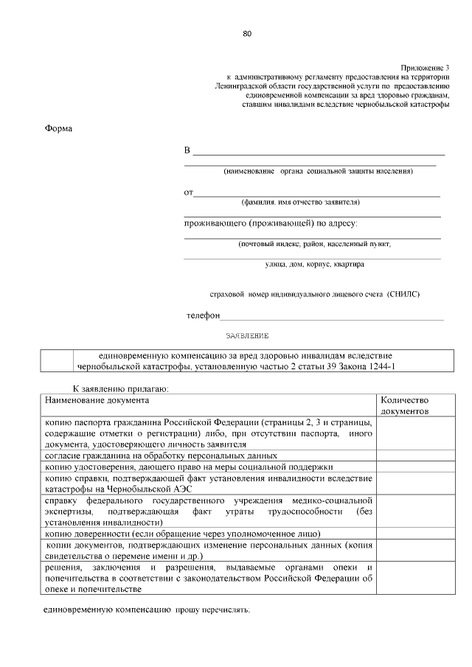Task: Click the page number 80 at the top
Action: tap(247, 34)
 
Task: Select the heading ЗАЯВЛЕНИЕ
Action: tap(247, 335)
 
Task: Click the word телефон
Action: tap(203, 315)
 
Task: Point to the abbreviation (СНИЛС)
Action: tap(403, 293)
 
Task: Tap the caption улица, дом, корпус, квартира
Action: tap(314, 263)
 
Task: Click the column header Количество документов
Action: tap(404, 406)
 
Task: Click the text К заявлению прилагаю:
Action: tap(120, 388)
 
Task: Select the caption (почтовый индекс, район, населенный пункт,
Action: tap(314, 243)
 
